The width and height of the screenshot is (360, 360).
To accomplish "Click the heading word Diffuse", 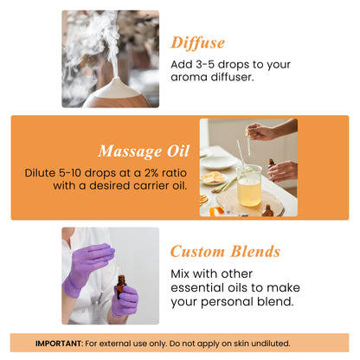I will pyautogui.click(x=197, y=42).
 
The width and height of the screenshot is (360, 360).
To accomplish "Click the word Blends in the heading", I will pyautogui.click(x=254, y=252).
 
